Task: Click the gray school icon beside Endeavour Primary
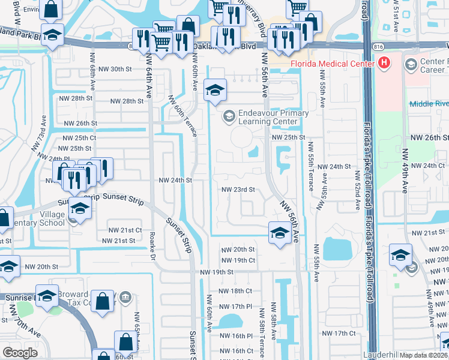pyautogui.click(x=228, y=115)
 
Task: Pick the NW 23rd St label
pyautogui.click(x=238, y=190)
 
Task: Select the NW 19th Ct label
pyautogui.click(x=238, y=260)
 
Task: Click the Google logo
pyautogui.click(x=20, y=352)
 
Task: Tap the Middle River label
pyautogui.click(x=429, y=104)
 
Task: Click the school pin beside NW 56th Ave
pyautogui.click(x=279, y=233)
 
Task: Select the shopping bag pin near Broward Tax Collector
pyautogui.click(x=103, y=301)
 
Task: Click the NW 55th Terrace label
pyautogui.click(x=311, y=166)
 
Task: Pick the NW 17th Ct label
pyautogui.click(x=339, y=333)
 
